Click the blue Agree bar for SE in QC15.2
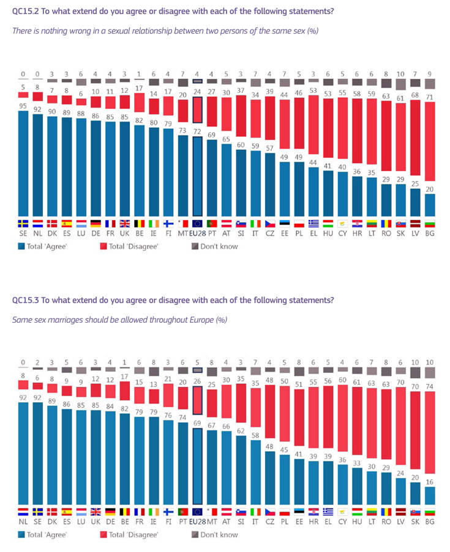point(23,162)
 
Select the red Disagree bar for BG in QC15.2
point(430,147)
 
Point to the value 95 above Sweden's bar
point(23,105)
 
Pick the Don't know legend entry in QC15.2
point(218,246)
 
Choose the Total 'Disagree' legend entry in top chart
point(131,246)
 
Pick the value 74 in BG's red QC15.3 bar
point(430,386)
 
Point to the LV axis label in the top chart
point(414,234)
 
